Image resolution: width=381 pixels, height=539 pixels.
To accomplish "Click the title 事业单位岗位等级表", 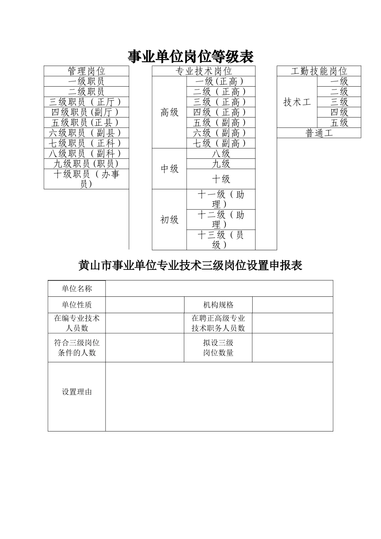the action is click(x=190, y=57).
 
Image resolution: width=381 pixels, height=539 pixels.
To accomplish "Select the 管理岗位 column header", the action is click(x=86, y=71).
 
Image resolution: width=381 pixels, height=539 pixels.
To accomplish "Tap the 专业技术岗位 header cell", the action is click(x=204, y=71).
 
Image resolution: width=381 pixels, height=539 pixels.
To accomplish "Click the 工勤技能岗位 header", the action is click(x=319, y=71).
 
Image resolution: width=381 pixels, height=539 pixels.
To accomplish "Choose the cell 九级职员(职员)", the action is click(x=86, y=164).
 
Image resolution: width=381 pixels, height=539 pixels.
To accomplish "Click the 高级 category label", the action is click(x=169, y=112).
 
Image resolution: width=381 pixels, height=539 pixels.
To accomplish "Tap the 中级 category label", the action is click(x=169, y=169).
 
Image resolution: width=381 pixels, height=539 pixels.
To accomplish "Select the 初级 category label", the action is click(x=169, y=220).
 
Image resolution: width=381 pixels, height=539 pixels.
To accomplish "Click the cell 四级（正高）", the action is click(x=221, y=112).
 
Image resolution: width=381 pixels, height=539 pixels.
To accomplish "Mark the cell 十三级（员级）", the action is click(x=221, y=239).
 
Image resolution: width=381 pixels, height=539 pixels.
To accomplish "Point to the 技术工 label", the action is click(x=297, y=102).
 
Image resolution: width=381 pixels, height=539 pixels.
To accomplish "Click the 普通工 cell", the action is click(x=319, y=133).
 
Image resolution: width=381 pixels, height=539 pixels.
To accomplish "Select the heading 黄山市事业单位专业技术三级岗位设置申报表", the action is click(x=190, y=265).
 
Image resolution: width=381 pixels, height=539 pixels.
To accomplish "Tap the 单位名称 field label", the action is click(x=77, y=289).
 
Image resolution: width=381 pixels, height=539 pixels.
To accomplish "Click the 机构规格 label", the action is click(x=218, y=305).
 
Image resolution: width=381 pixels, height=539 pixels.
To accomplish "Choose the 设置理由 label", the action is click(x=77, y=392).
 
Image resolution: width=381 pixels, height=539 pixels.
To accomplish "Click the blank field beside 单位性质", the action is click(x=144, y=305).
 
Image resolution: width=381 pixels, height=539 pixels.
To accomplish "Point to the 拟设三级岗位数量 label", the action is click(x=218, y=348).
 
